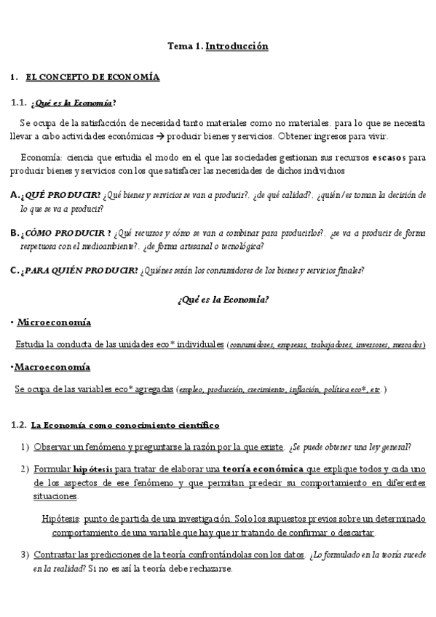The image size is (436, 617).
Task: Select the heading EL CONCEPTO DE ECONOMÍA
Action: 92,76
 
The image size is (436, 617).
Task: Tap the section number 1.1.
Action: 19,102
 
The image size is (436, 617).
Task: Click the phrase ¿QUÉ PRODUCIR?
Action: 61,195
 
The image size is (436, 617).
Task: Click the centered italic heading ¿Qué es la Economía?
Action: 223,300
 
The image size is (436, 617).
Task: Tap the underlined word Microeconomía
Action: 54,322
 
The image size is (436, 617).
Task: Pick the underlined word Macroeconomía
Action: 52,367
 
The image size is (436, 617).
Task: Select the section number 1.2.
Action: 19,425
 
